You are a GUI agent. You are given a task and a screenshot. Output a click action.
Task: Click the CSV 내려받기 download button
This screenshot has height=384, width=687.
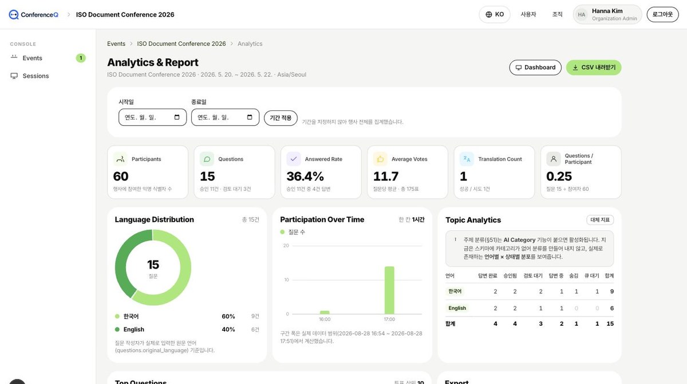(x=594, y=67)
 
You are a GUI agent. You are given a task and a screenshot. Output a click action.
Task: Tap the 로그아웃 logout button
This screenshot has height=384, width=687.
(x=662, y=14)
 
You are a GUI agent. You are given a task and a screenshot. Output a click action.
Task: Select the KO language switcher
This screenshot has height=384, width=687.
(x=495, y=14)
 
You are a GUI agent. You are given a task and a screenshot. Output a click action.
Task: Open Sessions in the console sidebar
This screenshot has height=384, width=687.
(x=35, y=76)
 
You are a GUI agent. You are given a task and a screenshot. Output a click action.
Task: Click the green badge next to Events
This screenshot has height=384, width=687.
(x=81, y=58)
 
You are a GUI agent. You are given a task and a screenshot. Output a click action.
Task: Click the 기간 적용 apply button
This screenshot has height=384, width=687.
(x=281, y=118)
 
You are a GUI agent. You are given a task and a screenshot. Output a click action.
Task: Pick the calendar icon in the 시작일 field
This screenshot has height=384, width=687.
(x=177, y=117)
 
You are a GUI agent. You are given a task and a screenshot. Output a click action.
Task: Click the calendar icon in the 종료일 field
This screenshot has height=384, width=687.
(x=250, y=117)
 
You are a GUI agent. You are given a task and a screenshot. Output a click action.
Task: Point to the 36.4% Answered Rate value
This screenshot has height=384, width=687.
(x=305, y=177)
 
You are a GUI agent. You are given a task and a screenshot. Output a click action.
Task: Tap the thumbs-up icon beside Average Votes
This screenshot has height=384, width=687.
(x=380, y=159)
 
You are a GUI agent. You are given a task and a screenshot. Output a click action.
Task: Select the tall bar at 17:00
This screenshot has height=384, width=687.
(x=389, y=290)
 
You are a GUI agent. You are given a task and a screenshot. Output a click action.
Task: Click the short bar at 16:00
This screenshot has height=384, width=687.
(x=325, y=313)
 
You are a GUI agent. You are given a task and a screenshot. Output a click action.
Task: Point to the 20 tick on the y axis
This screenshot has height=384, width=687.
(x=286, y=246)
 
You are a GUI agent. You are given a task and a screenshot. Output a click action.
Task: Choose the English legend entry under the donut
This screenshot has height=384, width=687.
(x=134, y=330)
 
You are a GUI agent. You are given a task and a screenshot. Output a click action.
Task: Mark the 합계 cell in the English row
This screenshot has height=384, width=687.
(x=611, y=308)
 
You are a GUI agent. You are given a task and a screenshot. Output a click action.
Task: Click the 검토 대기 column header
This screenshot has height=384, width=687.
(x=533, y=276)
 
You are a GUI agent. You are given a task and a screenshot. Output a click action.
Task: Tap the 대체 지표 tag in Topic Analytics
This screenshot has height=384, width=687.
(x=600, y=220)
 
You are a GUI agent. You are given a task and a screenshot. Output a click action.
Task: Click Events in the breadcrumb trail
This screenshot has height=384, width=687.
(x=116, y=44)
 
